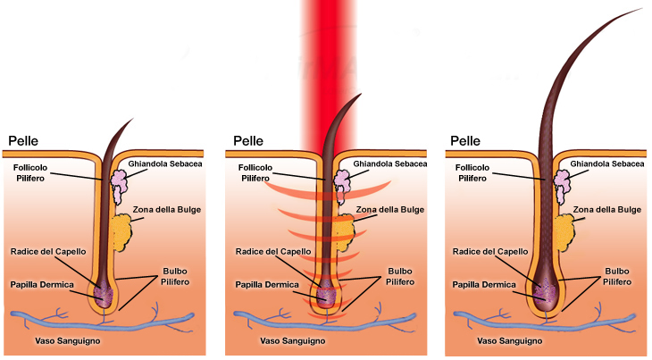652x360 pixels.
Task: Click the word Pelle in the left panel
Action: [x=24, y=141]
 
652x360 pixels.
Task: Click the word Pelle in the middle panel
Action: [x=248, y=141]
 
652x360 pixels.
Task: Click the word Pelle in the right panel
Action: [x=466, y=141]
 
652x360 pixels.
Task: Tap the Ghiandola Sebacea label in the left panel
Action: [x=165, y=163]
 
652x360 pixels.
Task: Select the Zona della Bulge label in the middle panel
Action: [x=389, y=210]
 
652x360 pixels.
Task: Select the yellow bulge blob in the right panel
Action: [x=563, y=230]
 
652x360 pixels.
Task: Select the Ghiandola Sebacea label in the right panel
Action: [x=609, y=163]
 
